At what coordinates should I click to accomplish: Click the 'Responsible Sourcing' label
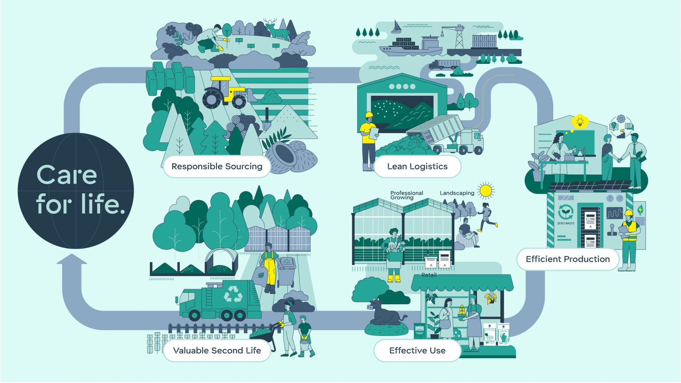tap(217, 166)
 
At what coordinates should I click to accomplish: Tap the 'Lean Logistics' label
tap(417, 166)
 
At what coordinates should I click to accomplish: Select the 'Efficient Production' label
tap(567, 259)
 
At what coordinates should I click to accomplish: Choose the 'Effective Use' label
tap(417, 350)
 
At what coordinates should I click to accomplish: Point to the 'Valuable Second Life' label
tap(217, 350)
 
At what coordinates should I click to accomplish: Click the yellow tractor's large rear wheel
tap(212, 98)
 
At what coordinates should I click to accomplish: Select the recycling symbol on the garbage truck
tap(233, 294)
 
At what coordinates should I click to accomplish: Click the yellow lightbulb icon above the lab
tap(580, 122)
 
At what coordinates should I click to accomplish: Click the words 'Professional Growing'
tap(406, 195)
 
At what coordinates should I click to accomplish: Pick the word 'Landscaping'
tap(457, 193)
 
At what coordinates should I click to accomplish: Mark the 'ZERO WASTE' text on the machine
tap(566, 223)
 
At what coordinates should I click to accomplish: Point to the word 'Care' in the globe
tap(67, 175)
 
